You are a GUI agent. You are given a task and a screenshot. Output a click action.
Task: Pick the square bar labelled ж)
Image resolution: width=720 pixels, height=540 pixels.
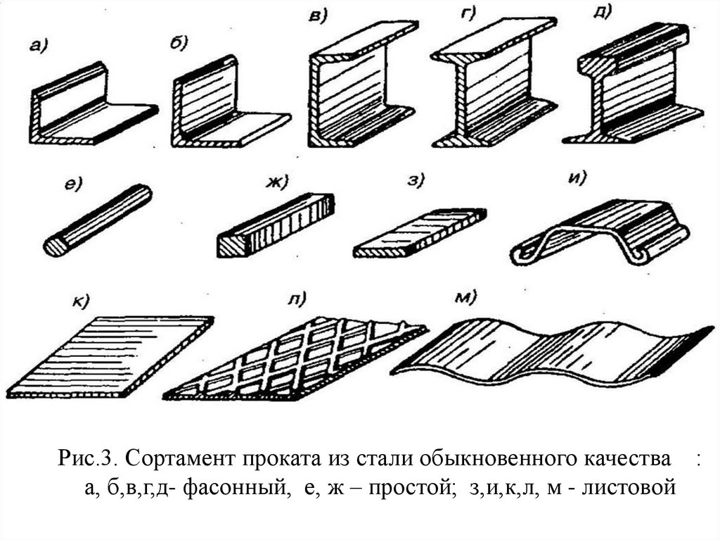click(274, 225)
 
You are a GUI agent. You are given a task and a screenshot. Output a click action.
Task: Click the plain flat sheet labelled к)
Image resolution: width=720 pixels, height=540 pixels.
click(116, 356)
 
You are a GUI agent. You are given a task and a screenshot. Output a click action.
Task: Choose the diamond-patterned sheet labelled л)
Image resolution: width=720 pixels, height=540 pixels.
click(299, 359)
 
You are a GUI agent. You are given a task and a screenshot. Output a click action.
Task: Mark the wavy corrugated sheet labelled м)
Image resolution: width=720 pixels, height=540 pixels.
click(548, 349)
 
